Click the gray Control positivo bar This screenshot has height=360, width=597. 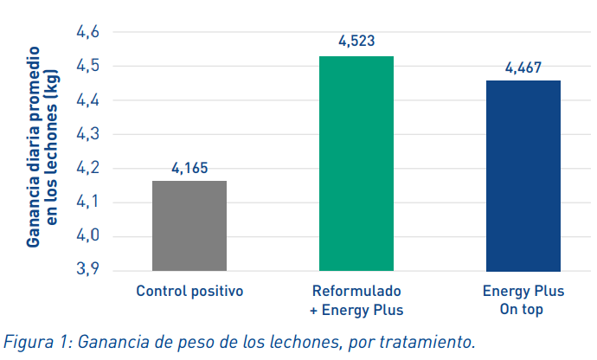tap(189, 226)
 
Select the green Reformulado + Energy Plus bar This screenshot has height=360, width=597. tap(356, 164)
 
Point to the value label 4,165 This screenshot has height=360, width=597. tap(190, 168)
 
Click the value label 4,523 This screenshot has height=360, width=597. tap(356, 41)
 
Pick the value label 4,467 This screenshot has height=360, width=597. tap(523, 67)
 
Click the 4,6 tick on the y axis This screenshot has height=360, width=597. tap(88, 32)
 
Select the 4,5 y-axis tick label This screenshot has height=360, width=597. tap(88, 66)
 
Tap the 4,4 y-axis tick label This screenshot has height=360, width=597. tap(88, 100)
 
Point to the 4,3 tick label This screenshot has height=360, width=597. tap(88, 134)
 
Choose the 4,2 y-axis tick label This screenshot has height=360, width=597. tap(88, 168)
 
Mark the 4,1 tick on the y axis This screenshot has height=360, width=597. tap(88, 202)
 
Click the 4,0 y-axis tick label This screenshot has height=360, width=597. tap(88, 236)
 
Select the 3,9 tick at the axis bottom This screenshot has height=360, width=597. tap(88, 270)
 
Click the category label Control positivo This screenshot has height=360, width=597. tap(189, 291)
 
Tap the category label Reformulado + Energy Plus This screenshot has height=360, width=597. tap(356, 299)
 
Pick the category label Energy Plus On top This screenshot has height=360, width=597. tap(523, 299)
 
